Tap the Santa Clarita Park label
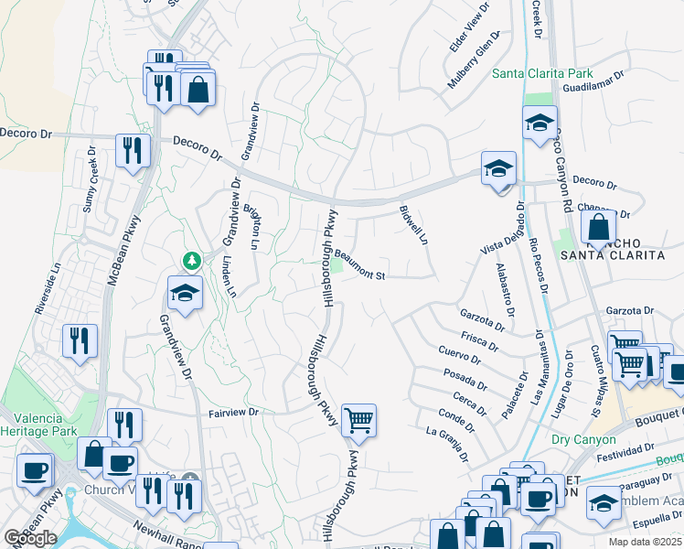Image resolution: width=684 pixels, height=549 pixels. pyautogui.click(x=542, y=73)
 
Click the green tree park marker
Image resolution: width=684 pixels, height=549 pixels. pyautogui.click(x=192, y=262)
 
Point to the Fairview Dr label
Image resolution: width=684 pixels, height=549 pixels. pyautogui.click(x=235, y=413)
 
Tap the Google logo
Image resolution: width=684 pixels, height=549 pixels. pyautogui.click(x=30, y=537)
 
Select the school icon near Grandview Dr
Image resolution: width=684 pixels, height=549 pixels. pyautogui.click(x=185, y=293)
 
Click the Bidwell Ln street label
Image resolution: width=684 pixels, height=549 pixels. pyautogui.click(x=412, y=224)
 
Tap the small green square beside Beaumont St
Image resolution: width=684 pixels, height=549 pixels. pyautogui.click(x=336, y=266)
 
